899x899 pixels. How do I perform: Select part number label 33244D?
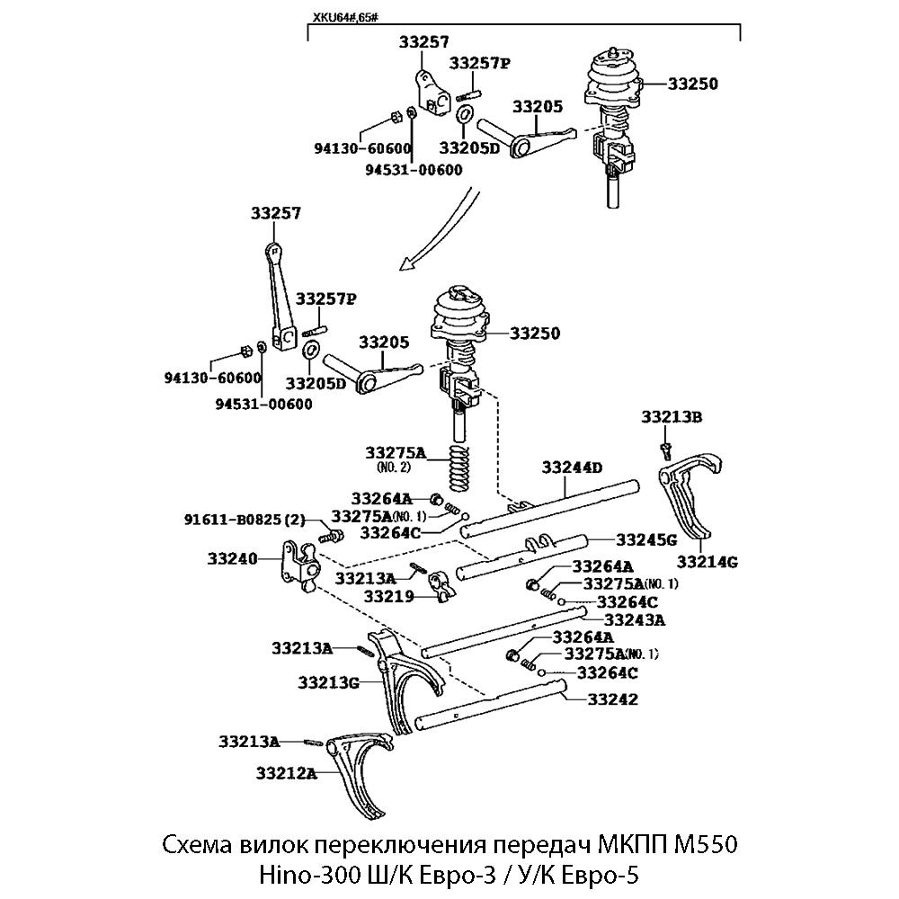coord(572,467)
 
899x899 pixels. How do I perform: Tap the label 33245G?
coord(646,540)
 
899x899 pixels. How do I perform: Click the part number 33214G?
coord(708,562)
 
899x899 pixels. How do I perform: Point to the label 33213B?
coord(672,416)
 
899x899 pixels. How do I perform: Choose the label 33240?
coord(233,558)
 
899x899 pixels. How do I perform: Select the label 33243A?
coord(635,619)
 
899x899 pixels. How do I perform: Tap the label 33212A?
coord(287,772)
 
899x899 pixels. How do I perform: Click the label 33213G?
coord(329,682)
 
